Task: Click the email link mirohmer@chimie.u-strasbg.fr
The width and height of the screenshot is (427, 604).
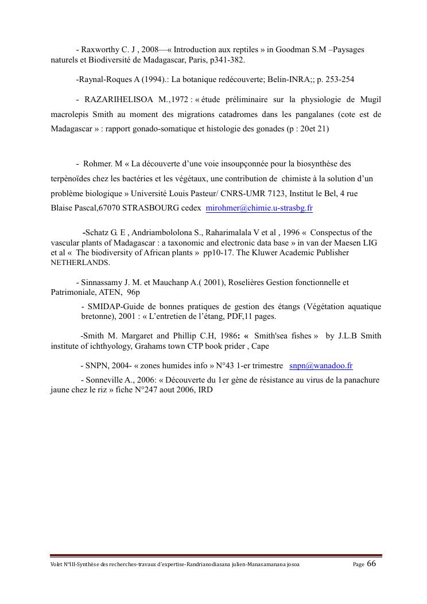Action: [259, 208]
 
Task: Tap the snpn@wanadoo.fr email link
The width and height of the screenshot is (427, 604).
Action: [321, 365]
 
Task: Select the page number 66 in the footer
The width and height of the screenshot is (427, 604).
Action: [371, 563]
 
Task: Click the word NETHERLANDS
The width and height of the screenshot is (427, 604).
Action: [80, 263]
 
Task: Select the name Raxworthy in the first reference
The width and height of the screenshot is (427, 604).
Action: [100, 50]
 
